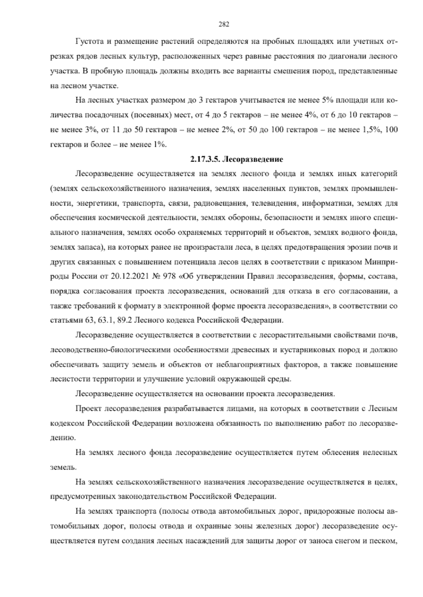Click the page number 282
click(224, 24)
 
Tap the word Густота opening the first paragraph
click(89, 42)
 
